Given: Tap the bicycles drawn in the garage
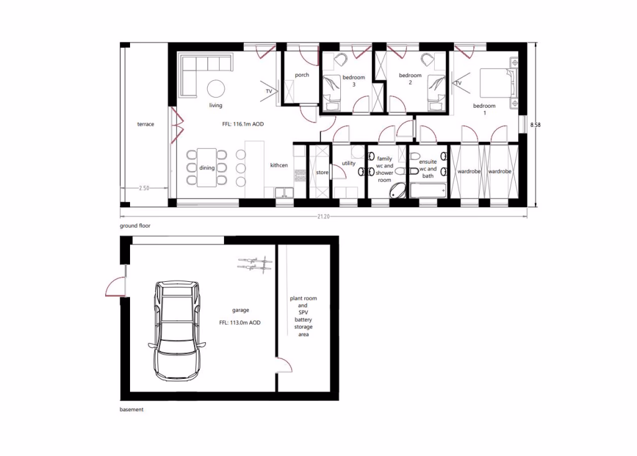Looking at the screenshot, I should tap(255, 265).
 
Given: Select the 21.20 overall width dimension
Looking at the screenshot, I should tap(323, 216).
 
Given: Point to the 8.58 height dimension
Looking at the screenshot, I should tap(535, 125).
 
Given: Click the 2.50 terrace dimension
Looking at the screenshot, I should tap(144, 187).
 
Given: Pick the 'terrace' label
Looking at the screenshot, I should tap(146, 124).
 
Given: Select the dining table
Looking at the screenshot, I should tap(207, 167).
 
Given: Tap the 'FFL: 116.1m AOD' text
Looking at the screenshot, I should tap(243, 124).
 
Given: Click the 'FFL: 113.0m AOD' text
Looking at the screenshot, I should tap(239, 323).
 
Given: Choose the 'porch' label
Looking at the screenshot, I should tap(302, 75).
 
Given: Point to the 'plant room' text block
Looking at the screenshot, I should tap(303, 316).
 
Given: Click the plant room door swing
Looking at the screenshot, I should tap(284, 365).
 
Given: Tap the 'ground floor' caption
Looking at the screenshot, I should tap(135, 226).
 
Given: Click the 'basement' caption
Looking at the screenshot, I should tap(131, 410).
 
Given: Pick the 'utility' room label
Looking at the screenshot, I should tap(348, 163).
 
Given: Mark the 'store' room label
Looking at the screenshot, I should tap(322, 172).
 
